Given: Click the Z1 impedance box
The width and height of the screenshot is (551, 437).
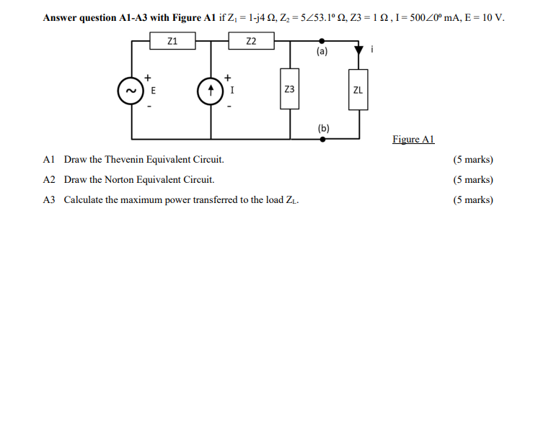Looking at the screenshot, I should coord(172,42).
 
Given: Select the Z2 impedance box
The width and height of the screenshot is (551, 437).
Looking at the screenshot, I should coord(250,42).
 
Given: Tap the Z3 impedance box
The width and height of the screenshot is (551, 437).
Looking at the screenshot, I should coord(289,89).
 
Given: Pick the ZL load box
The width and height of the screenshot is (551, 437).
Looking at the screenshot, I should coord(358,90).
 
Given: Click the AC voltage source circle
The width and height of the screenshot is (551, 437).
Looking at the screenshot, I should coord(131,91).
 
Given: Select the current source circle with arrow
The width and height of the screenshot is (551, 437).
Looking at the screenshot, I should coord(210,91).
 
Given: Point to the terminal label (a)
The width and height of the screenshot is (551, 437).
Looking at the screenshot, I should coord(322,52).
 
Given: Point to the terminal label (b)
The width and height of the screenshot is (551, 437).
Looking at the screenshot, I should coord(323,128).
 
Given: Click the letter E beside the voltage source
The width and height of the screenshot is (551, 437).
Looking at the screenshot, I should coord(153,91).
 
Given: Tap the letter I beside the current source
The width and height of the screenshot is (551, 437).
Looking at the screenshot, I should coord(231,91).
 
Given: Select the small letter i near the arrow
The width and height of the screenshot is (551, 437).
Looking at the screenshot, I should coord(372,49).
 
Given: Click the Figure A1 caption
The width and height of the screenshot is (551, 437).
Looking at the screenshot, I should coord(413,139).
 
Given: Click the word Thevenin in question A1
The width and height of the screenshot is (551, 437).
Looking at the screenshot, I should coord(131,159).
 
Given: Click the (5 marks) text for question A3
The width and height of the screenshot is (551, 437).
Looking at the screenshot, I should coord(473,199).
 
